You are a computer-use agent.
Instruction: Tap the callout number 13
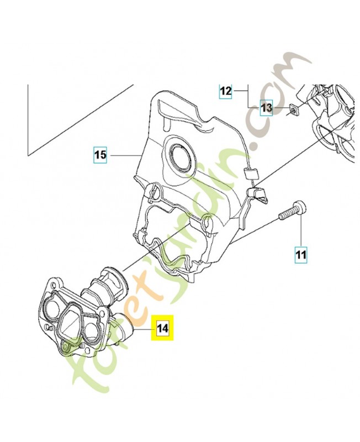click(267, 108)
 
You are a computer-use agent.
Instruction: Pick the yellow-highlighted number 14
click(162, 328)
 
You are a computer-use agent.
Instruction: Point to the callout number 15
click(100, 155)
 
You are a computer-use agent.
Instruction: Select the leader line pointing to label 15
click(124, 156)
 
